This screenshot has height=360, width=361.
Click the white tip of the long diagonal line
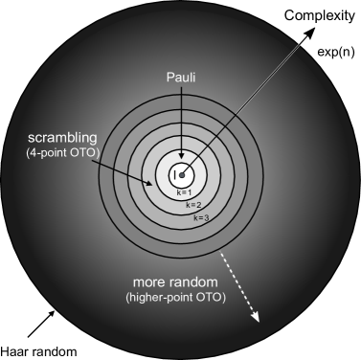pos(303,41)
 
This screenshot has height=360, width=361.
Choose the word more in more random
pos(153,283)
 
